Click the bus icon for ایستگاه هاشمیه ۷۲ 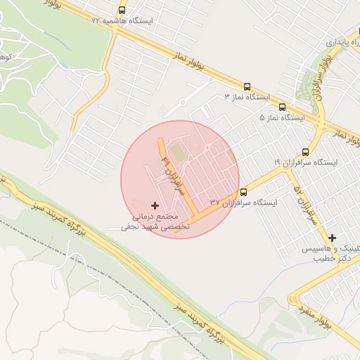122,11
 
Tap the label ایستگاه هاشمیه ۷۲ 122,21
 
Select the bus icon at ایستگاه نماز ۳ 247,86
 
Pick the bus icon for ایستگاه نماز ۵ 282,108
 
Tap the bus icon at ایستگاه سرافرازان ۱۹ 305,152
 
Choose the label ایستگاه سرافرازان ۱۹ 305,162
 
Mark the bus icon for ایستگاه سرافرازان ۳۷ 244,193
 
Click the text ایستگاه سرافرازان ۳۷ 243,202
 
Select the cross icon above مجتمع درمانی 155,205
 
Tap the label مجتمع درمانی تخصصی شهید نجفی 151,222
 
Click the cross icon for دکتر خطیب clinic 332,238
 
